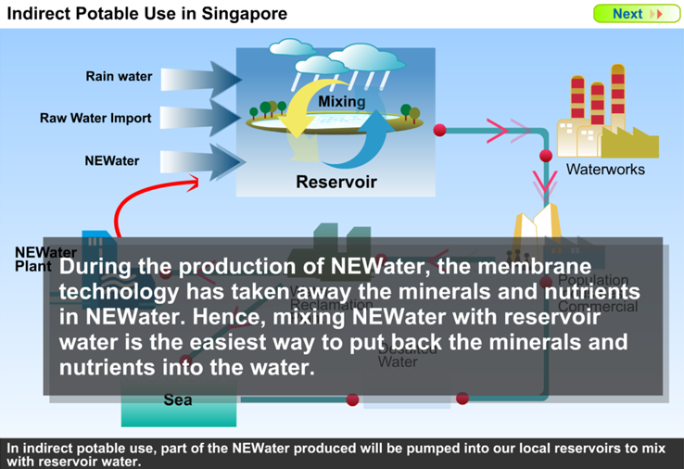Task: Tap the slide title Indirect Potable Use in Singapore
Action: (147, 14)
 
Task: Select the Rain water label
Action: (119, 76)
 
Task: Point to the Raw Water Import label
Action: (95, 119)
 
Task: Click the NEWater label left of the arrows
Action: (112, 160)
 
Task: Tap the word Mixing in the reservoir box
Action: (341, 101)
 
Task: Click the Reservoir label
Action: (336, 182)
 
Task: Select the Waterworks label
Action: (605, 170)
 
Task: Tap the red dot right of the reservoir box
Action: (440, 130)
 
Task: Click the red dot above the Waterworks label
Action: (546, 156)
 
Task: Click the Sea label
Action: (177, 400)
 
